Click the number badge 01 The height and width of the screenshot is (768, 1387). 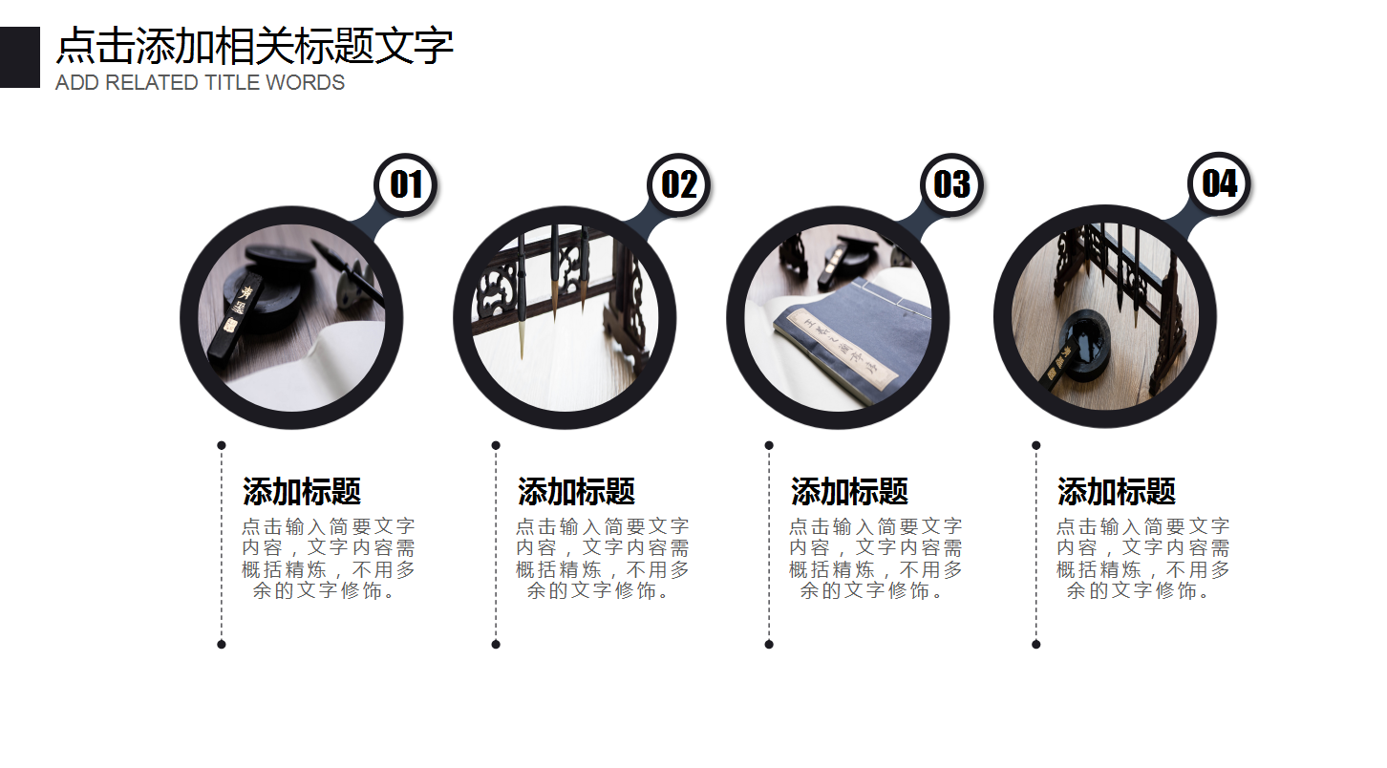[406, 184]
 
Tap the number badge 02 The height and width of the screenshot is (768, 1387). [679, 184]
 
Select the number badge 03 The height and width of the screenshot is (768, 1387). [951, 184]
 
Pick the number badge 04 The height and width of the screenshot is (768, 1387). [1219, 183]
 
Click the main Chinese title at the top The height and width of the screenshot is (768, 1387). [254, 46]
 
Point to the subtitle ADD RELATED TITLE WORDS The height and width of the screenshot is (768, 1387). [200, 83]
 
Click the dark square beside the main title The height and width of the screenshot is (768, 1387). [19, 57]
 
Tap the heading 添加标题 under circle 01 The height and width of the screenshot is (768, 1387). [302, 492]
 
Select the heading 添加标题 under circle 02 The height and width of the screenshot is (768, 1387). [576, 492]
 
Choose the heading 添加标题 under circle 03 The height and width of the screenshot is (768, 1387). [849, 492]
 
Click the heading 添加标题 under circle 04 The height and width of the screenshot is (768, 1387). [1116, 492]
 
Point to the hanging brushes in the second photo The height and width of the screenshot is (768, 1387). [552, 277]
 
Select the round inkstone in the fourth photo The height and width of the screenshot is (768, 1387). [1084, 339]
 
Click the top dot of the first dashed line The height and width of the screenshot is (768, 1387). [222, 445]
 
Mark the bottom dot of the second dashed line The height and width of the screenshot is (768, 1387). [496, 644]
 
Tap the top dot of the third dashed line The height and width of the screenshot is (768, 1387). [769, 445]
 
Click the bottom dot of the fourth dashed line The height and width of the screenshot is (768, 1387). [1036, 644]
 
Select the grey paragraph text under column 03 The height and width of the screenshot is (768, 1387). [875, 559]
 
